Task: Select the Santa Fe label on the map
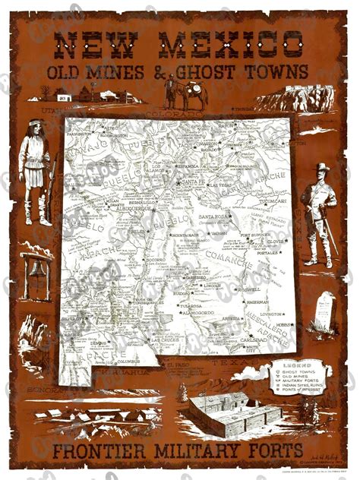point(191,182)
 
